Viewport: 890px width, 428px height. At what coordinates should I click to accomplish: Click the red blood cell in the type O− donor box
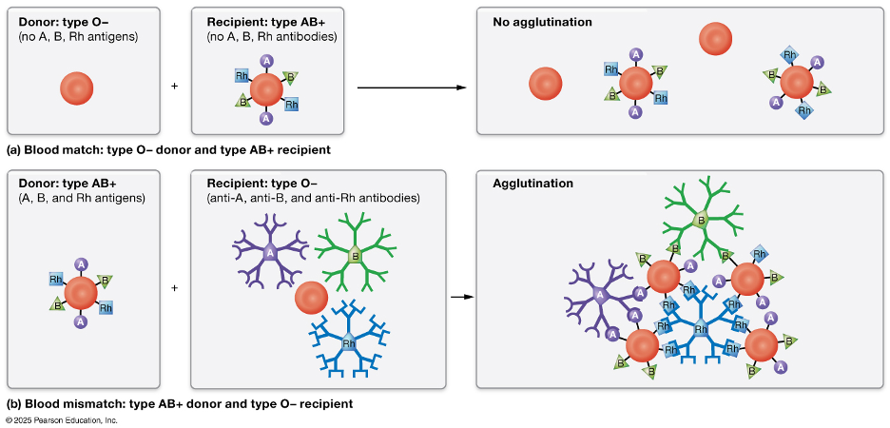point(78,88)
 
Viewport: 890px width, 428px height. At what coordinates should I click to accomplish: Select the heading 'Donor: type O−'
point(64,21)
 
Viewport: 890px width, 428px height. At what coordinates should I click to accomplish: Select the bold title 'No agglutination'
point(542,21)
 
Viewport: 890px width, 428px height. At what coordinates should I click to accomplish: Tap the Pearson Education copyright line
point(61,419)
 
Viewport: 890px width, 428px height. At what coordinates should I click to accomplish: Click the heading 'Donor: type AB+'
point(68,184)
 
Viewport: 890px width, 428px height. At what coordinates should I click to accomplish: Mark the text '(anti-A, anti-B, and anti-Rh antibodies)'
point(313,199)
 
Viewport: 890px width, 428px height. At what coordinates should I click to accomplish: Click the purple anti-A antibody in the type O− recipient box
point(270,252)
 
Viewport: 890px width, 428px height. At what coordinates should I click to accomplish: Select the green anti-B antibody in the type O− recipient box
point(355,255)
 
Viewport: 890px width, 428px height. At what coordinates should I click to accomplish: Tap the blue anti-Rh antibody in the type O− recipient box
point(350,343)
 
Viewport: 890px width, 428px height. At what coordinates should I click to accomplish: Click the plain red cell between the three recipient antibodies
point(312,298)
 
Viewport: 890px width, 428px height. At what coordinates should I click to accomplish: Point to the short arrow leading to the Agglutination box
point(461,297)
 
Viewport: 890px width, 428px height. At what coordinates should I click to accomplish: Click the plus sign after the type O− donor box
point(174,88)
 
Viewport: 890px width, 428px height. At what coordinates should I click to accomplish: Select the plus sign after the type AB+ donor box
point(174,286)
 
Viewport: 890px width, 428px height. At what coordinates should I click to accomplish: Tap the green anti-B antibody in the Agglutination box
point(702,220)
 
